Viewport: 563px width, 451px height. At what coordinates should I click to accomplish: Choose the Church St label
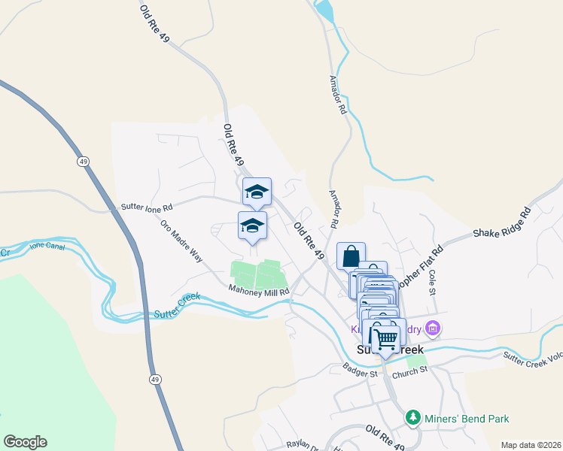[x=410, y=369]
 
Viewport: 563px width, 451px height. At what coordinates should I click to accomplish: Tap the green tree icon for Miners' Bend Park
[x=412, y=416]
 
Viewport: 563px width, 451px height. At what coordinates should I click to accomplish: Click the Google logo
[x=25, y=442]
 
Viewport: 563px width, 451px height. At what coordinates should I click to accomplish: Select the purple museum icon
[x=432, y=328]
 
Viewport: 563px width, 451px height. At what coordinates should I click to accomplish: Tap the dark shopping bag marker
[x=351, y=256]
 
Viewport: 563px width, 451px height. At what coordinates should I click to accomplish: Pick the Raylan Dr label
[x=299, y=445]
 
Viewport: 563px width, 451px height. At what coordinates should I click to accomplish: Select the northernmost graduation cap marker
[x=257, y=192]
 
